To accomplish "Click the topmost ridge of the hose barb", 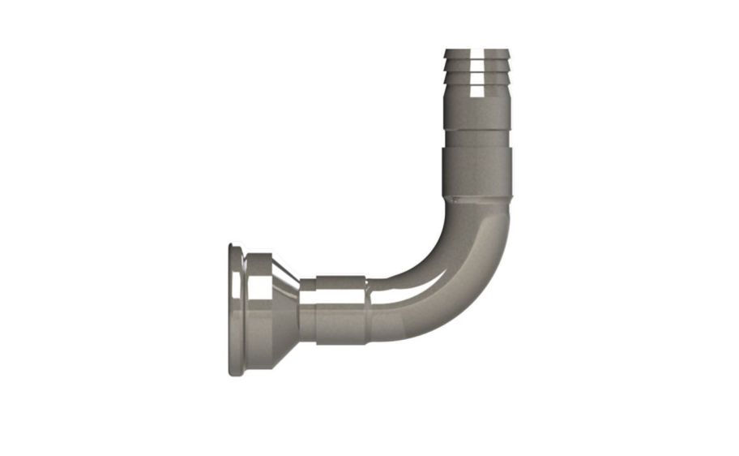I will (476, 54).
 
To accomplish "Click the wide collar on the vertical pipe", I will (476, 172).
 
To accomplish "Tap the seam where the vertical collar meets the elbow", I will (478, 200).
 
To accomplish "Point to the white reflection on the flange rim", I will (236, 281).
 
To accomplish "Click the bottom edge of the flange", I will (236, 374).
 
